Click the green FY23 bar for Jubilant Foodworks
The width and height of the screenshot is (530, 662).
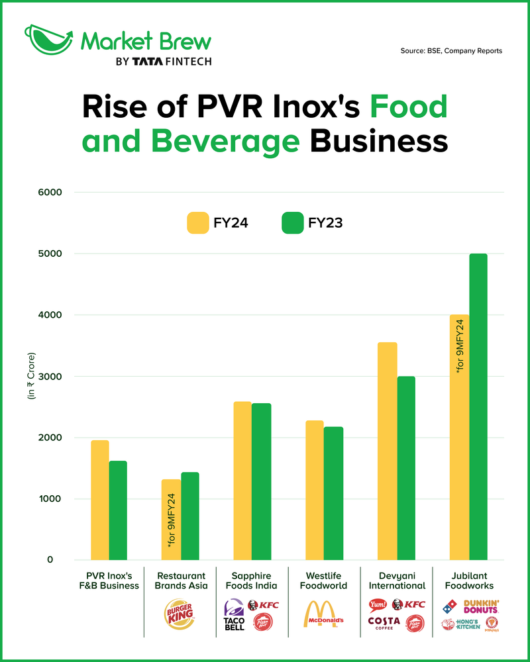[478, 406]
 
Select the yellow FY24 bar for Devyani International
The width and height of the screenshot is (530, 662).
[388, 451]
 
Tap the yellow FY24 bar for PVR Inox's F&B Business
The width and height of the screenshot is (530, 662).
[100, 500]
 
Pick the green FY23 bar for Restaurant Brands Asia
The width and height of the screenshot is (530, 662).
[190, 516]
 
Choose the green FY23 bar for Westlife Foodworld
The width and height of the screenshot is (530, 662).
[334, 493]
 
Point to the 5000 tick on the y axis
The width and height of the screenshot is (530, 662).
[50, 254]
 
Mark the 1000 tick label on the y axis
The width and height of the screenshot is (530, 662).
[50, 499]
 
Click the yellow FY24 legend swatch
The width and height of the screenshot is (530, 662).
[197, 223]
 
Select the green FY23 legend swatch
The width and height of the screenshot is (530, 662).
[292, 223]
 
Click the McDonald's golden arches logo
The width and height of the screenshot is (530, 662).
[324, 614]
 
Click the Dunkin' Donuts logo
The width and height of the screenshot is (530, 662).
[481, 606]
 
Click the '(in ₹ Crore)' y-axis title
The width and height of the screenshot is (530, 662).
[30, 377]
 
